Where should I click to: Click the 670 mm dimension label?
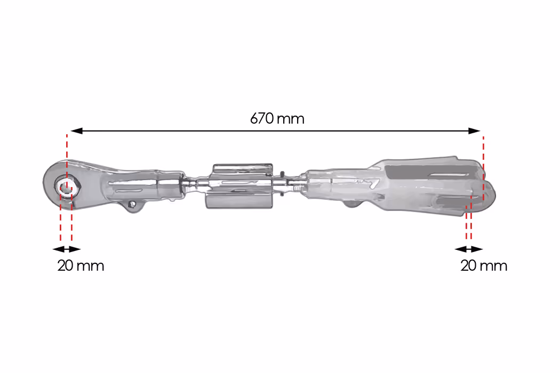(277, 118)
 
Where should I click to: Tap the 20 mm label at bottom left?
(81, 266)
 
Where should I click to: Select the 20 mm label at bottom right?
(484, 266)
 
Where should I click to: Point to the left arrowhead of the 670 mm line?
(76, 131)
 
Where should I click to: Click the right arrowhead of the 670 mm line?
(474, 131)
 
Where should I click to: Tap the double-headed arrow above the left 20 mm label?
(67, 249)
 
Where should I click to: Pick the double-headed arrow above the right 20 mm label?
(469, 249)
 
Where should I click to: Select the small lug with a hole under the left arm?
(133, 205)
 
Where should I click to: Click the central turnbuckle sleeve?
(239, 186)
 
